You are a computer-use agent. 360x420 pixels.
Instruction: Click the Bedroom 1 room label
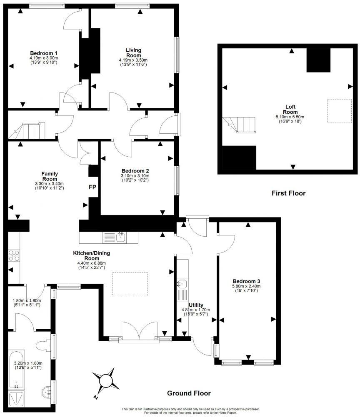pos(43,53)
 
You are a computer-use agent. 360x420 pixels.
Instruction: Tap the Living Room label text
pos(133,52)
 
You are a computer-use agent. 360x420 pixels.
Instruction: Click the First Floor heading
pos(288,193)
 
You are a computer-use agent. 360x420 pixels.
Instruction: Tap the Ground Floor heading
pos(189,393)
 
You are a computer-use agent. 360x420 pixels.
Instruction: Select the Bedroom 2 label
pos(135,171)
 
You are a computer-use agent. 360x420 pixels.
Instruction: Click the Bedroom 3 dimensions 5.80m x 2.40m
pos(246,286)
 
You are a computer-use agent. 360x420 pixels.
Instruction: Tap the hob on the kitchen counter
pos(13,254)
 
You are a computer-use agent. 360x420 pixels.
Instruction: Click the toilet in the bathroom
pos(43,345)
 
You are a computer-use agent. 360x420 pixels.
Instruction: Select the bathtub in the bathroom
pos(16,369)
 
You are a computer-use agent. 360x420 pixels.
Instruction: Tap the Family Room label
pos(49,176)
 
